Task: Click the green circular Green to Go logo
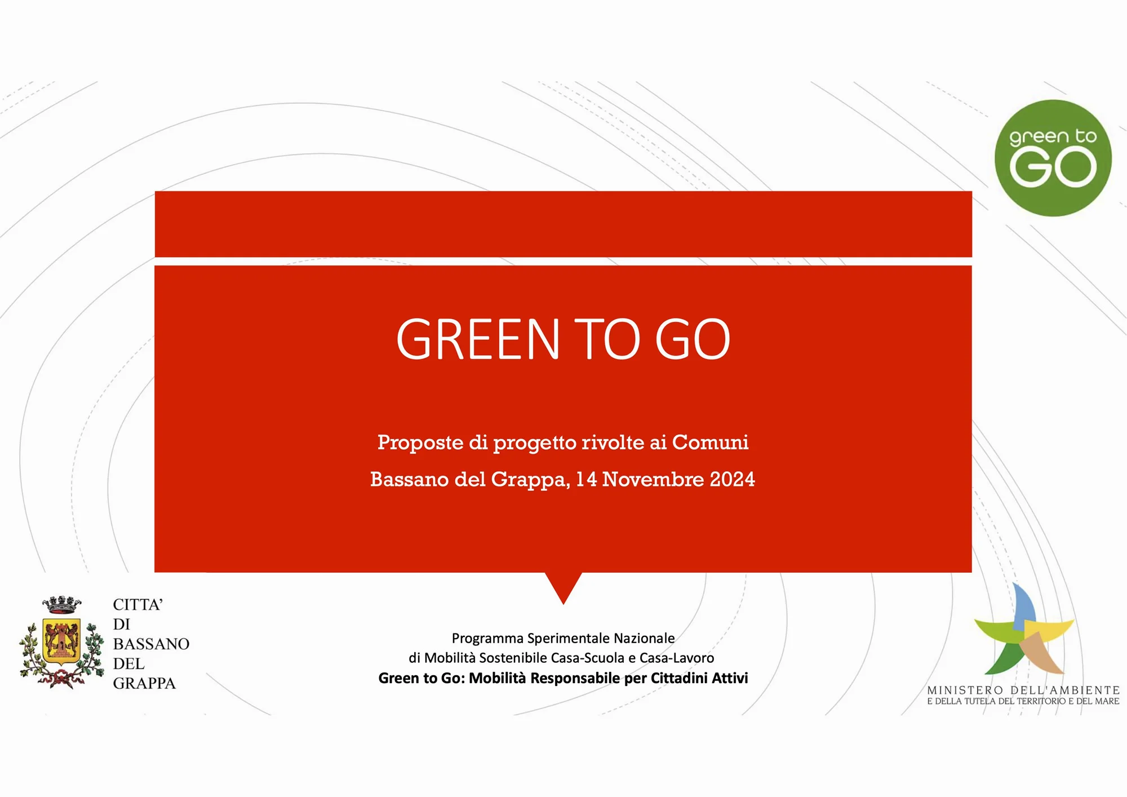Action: [x=1053, y=158]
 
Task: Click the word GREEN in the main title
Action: [x=478, y=339]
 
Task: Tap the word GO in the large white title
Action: [x=693, y=339]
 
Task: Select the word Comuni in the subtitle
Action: [x=710, y=442]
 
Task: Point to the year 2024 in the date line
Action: [x=732, y=480]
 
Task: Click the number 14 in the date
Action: [x=586, y=480]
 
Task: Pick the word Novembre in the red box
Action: [x=653, y=480]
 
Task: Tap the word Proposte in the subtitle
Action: [x=420, y=443]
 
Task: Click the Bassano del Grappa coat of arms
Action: [x=61, y=643]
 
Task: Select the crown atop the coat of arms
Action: [x=61, y=605]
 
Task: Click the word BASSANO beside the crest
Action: [x=151, y=644]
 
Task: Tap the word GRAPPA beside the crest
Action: [x=144, y=683]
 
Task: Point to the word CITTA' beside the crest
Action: [x=138, y=604]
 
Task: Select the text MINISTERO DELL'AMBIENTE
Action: [x=1023, y=690]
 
